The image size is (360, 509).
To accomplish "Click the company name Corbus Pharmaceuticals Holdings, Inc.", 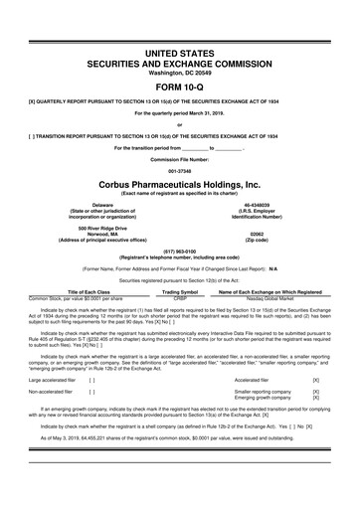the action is point(180,185).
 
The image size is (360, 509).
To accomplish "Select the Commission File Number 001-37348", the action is point(180,167).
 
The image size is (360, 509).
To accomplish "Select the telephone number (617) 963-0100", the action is point(180,253).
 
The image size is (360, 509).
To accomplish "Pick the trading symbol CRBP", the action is point(180,297).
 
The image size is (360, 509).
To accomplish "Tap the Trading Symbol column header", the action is point(180,290).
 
